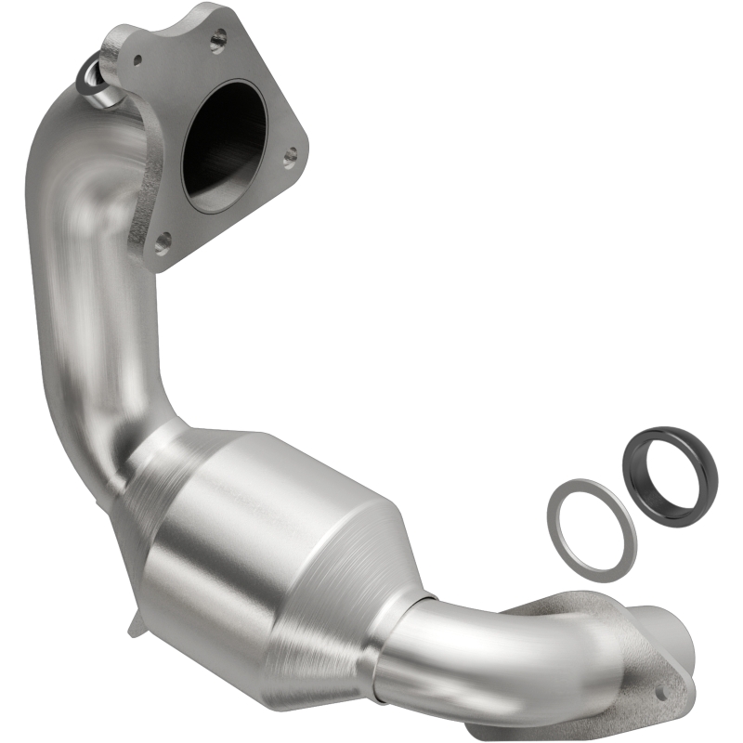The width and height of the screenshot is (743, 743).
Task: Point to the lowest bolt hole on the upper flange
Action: coord(163,243)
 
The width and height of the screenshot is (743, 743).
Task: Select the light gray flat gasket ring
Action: coord(590,529)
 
